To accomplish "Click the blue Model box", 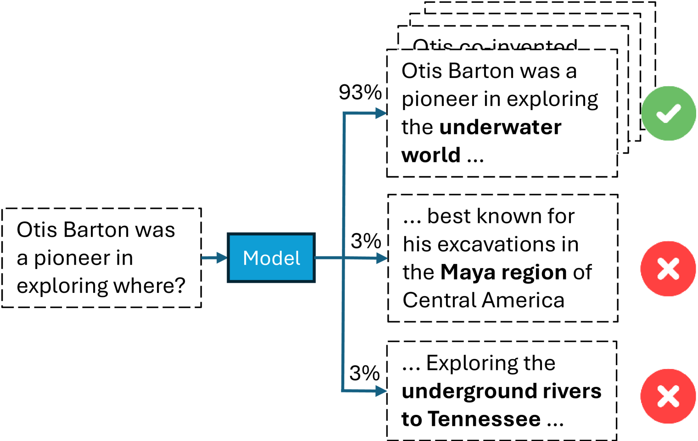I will point(271,258).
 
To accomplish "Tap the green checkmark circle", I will point(668,113).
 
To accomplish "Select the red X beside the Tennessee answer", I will point(668,396).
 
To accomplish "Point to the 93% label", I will point(360,92).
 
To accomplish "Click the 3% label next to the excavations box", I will point(366,241).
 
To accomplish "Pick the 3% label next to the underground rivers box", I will point(364,373).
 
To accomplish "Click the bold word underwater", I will point(500,127).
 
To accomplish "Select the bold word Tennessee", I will point(485,419).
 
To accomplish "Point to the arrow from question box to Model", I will point(214,258).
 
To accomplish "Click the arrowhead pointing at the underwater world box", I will point(381,113).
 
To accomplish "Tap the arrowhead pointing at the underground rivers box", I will point(381,391).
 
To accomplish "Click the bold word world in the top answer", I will point(431,155).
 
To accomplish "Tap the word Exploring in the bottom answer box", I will point(491,363).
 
